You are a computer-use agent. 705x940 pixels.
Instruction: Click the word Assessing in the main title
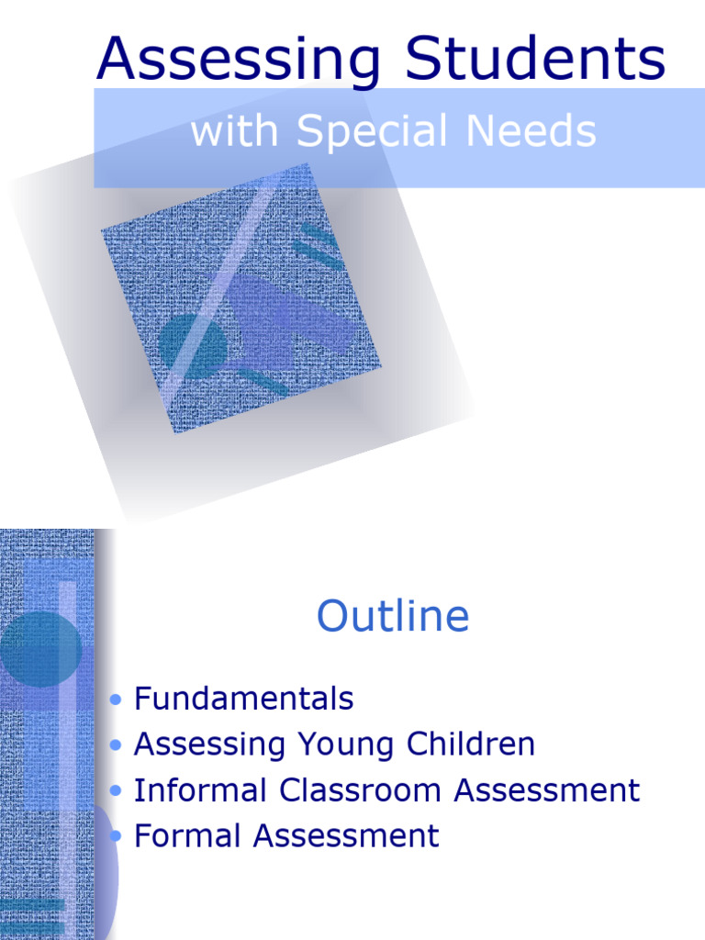click(240, 60)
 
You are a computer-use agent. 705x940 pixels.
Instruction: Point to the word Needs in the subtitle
click(531, 131)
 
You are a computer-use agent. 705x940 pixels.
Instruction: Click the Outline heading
click(393, 617)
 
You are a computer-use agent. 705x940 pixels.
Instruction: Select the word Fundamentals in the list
click(243, 699)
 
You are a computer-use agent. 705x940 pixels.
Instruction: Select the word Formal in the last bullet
click(189, 836)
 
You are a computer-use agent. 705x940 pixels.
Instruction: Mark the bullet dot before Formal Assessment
click(115, 836)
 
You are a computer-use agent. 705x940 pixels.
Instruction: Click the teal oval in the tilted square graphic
click(192, 343)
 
